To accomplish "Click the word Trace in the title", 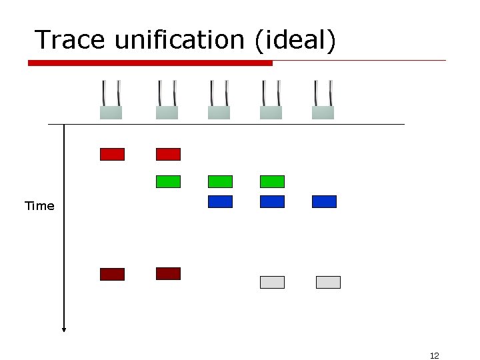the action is [71, 40].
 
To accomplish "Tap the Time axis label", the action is [39, 206].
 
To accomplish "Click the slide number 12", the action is [435, 355].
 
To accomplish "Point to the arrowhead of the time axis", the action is [64, 327].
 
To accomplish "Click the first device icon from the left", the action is [111, 100].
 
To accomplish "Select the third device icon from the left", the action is [219, 100].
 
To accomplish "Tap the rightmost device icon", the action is [323, 100].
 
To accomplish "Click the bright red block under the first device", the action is [112, 154].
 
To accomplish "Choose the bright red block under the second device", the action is [168, 154].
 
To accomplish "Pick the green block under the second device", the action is [168, 181].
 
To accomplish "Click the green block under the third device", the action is [220, 181].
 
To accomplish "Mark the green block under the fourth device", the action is [272, 181].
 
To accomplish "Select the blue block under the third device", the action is [220, 201].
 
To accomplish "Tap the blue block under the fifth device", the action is [324, 201].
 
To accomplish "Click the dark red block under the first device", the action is [112, 274].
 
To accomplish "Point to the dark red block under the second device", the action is [168, 273].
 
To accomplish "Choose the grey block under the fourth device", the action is [272, 282].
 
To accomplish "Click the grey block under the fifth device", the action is [328, 282].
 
